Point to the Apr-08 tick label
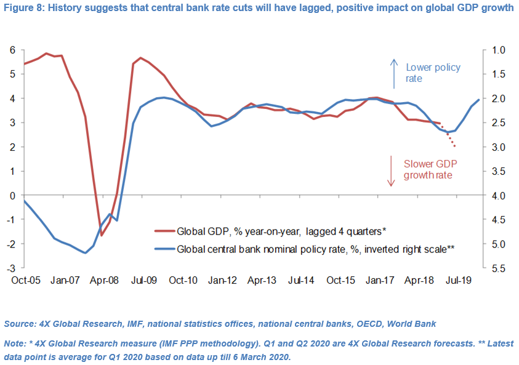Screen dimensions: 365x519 (x=104, y=280)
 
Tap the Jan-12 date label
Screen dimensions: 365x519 (x=222, y=280)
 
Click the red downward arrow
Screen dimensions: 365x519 (x=390, y=170)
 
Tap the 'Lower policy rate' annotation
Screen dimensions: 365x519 (x=432, y=73)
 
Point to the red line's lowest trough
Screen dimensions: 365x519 (x=102, y=235)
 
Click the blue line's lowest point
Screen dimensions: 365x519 (x=85, y=253)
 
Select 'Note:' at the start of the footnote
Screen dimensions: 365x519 (x=15, y=343)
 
